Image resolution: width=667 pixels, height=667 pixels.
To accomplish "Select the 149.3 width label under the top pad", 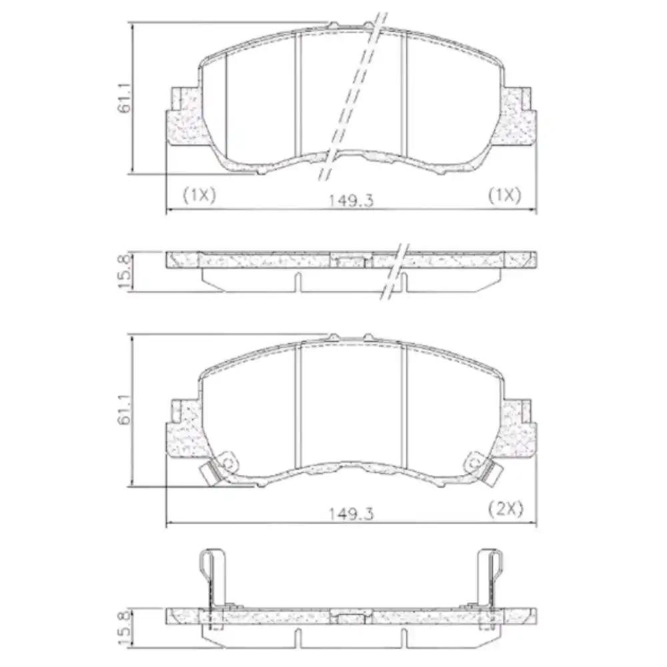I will tap(350, 199).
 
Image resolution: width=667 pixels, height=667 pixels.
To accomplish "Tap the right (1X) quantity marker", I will tap(504, 194).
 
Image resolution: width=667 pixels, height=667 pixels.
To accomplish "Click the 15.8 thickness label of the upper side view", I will tap(125, 271).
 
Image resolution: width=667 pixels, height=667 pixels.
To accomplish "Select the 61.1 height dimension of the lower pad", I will tap(125, 410).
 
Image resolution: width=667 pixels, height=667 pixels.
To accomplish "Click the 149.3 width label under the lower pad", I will tap(350, 513).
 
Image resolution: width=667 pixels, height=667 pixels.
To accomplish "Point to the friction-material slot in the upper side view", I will tap(297, 281).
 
